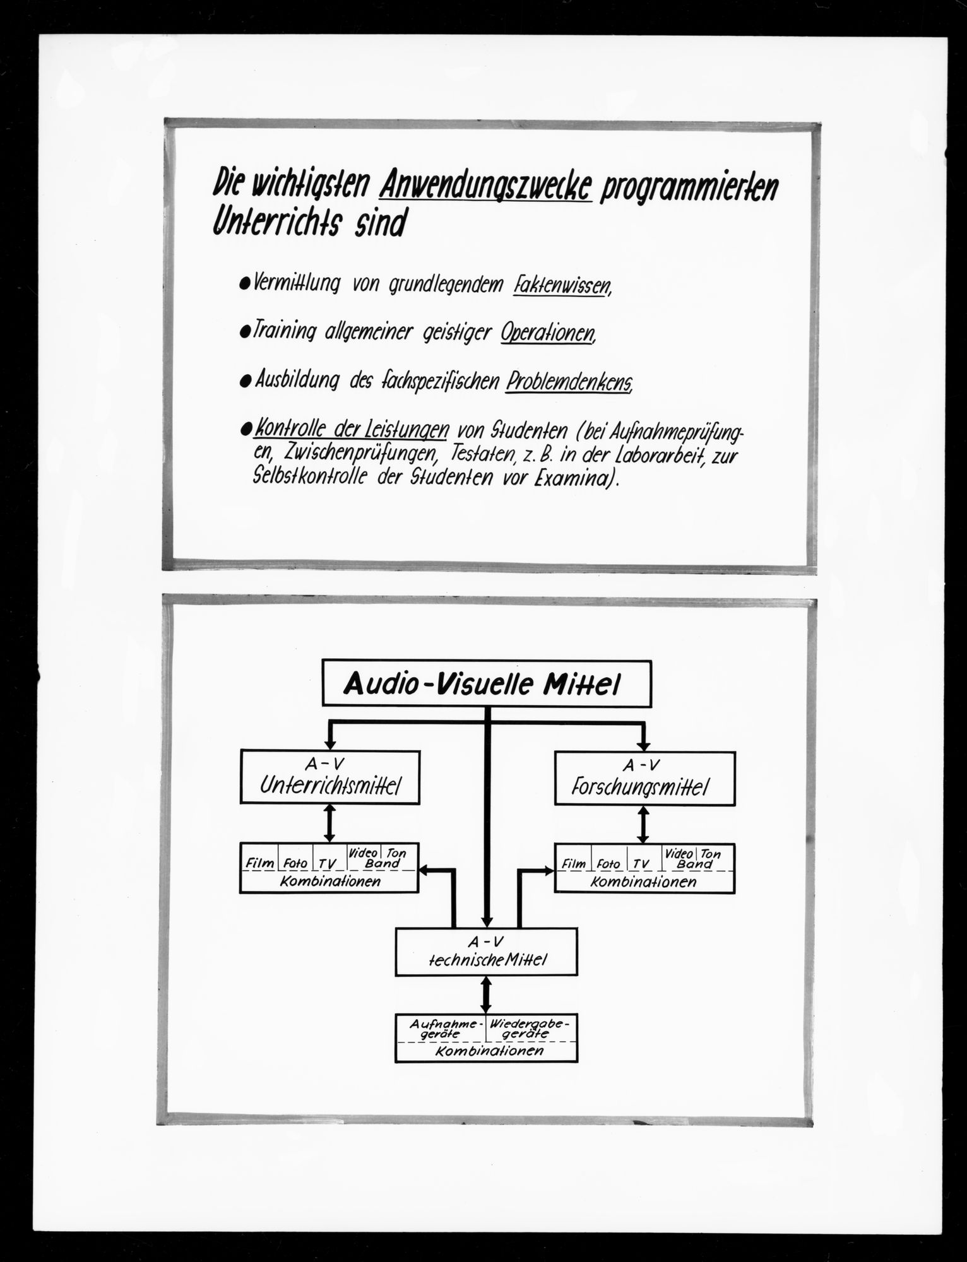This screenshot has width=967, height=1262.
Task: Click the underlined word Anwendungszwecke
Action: (487, 187)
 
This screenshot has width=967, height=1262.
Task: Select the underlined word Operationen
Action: (548, 333)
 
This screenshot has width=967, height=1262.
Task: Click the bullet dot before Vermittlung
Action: (245, 286)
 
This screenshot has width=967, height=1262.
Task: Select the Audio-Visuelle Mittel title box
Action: (487, 683)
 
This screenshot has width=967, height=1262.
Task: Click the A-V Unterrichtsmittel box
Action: (330, 777)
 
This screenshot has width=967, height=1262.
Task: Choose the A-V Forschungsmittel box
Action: (644, 778)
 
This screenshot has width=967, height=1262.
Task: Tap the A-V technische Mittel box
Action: (487, 951)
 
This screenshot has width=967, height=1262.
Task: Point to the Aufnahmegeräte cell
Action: (441, 1029)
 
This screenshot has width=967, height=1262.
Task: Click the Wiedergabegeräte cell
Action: (531, 1029)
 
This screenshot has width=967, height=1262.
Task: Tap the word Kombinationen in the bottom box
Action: (487, 1051)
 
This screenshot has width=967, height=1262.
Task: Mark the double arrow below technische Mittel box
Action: (486, 994)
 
